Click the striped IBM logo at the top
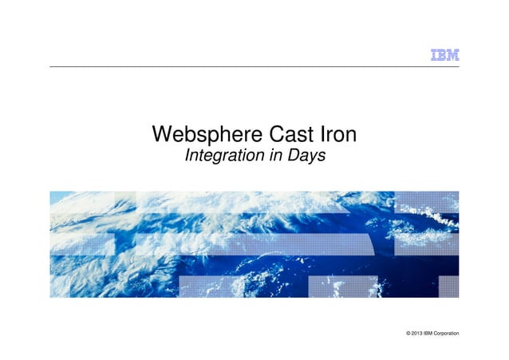[x=444, y=55]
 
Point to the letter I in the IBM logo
[x=434, y=55]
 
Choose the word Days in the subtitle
[x=306, y=156]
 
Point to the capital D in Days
[x=292, y=156]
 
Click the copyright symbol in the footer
[x=408, y=332]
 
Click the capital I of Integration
[x=187, y=156]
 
